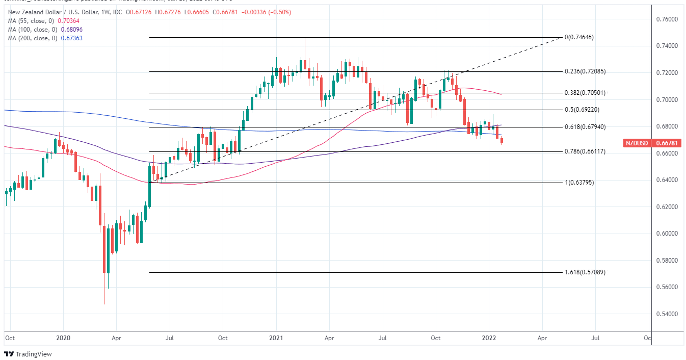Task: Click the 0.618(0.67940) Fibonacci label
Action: (x=585, y=126)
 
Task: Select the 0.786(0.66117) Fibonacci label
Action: (x=585, y=151)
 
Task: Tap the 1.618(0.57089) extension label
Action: (x=585, y=272)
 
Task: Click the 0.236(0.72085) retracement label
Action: (x=585, y=71)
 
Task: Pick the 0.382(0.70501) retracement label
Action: (x=585, y=93)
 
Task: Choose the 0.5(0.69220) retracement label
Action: (x=583, y=110)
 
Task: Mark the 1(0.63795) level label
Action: (x=578, y=183)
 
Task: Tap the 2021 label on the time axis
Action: (x=276, y=338)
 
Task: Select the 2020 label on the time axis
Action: (x=63, y=338)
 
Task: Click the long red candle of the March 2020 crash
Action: (x=104, y=250)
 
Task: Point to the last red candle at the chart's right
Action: (x=502, y=141)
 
